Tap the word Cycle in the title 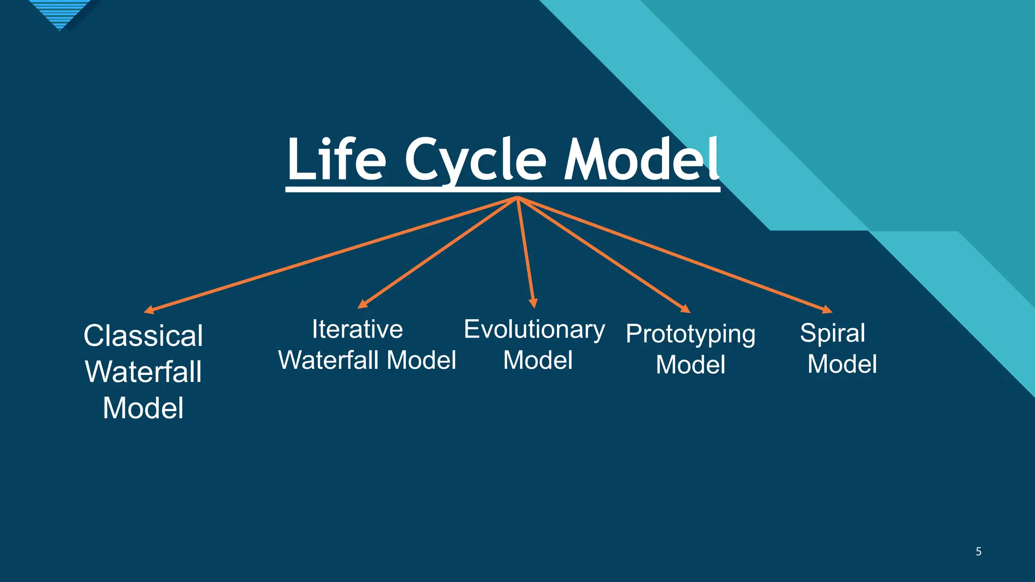click(476, 161)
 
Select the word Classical click(143, 336)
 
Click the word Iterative click(357, 329)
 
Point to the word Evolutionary click(534, 330)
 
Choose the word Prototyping click(690, 334)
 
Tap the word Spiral click(832, 333)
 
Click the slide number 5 click(978, 552)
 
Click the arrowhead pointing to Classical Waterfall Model click(149, 310)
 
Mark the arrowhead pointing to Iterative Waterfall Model click(362, 304)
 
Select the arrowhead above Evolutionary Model click(533, 303)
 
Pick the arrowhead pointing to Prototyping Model click(685, 309)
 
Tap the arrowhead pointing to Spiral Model click(827, 310)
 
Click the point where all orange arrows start click(517, 198)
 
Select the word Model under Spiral click(842, 364)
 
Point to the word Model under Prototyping click(690, 365)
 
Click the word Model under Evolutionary click(538, 361)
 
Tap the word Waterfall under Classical click(143, 372)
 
